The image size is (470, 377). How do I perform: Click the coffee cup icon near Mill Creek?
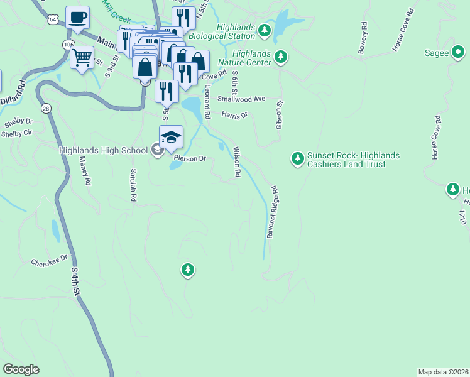[77, 18]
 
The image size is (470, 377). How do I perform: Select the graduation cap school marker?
[171, 137]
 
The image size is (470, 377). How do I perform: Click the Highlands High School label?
[103, 150]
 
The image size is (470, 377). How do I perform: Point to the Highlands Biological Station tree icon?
[265, 30]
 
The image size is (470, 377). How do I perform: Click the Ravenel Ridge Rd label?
[271, 212]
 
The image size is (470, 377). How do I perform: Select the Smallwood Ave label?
[242, 99]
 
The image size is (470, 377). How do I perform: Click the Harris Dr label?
[235, 115]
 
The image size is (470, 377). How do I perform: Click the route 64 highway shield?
[53, 20]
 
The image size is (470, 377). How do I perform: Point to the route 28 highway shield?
[46, 109]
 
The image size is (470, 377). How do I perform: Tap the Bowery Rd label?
[362, 38]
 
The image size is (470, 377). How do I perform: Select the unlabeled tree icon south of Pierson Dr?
[187, 270]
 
